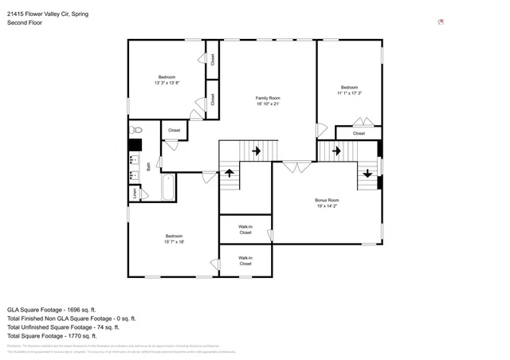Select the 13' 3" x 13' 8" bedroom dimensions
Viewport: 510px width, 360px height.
(167, 83)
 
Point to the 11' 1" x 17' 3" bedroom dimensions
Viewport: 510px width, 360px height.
(349, 93)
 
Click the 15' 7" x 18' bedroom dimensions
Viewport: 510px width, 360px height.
(174, 242)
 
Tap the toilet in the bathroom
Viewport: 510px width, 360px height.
(135, 129)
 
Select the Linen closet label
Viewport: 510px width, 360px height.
(135, 192)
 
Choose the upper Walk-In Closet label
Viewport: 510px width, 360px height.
(245, 229)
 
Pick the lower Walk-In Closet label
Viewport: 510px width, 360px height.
(245, 260)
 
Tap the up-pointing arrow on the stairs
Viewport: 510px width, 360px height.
(229, 172)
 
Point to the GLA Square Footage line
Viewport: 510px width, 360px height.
(51, 309)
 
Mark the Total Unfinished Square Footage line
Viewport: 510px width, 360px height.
(63, 327)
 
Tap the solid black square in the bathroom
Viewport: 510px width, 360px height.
(135, 146)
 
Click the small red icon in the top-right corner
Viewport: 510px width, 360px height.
(441, 22)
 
